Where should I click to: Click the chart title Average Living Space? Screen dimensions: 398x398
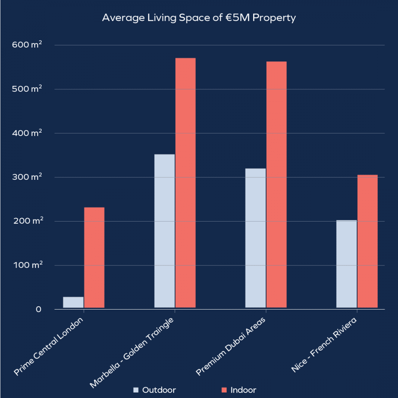tap(199, 18)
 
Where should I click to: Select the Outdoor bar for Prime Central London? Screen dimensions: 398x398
tap(73, 302)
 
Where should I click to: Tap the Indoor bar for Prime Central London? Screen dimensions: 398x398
tap(94, 257)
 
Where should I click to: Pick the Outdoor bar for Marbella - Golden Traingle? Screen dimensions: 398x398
tap(164, 231)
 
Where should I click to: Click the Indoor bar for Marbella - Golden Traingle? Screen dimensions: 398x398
tap(185, 183)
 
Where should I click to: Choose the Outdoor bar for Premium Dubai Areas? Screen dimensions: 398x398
tap(255, 238)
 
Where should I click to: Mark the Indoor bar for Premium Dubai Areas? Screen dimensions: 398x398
tap(276, 184)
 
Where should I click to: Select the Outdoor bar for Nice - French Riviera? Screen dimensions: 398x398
tap(346, 264)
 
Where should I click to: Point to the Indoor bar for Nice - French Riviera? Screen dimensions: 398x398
tap(367, 241)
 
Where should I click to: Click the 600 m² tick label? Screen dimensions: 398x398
tap(30, 45)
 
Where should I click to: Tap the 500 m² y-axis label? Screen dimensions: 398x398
tap(30, 89)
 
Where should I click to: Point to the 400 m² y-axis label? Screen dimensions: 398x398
tap(30, 133)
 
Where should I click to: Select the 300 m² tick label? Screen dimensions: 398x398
tap(30, 177)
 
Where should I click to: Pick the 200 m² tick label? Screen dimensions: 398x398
tap(30, 221)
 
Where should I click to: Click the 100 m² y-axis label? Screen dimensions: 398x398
tap(30, 265)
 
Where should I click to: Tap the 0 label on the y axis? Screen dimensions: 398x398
tap(39, 310)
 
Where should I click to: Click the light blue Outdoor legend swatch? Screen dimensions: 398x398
tap(136, 390)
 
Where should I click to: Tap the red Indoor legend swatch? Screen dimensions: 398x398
tap(224, 390)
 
